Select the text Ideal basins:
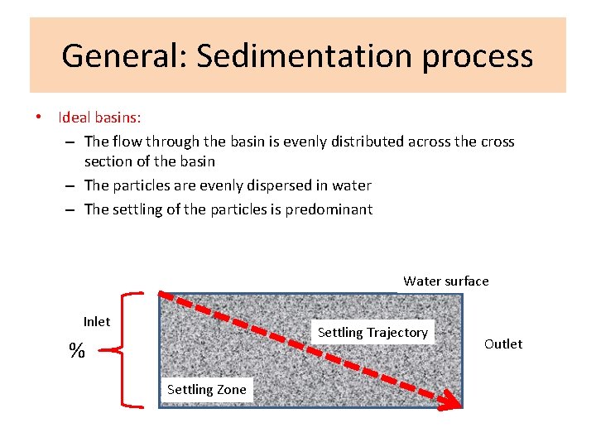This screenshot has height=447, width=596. point(99,118)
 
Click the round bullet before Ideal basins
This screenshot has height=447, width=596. point(38,118)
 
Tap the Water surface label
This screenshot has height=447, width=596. point(445,281)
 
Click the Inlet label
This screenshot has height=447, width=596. point(97,321)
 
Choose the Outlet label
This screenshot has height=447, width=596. point(503,344)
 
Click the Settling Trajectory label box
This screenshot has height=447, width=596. point(372,332)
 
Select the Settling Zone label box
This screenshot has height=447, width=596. point(207,389)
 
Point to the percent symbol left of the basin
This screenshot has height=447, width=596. point(77,351)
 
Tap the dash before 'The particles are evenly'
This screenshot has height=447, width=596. point(72,185)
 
